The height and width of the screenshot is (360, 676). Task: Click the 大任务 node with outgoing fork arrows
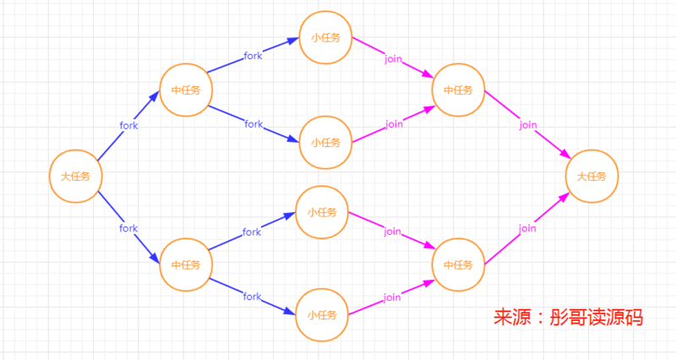pos(75,177)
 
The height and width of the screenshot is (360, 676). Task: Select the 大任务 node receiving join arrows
pos(591,177)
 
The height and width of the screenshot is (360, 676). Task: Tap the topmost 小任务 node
pos(325,38)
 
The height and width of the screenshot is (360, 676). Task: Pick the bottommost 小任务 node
pos(322,314)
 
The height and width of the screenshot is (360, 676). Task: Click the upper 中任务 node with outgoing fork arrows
pos(185,90)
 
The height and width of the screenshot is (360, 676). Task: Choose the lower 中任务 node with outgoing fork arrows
pos(185,265)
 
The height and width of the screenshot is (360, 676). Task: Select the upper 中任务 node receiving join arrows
pos(458,90)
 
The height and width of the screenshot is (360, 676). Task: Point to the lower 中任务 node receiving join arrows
pos(458,265)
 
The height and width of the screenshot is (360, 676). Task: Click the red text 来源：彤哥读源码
pos(568,318)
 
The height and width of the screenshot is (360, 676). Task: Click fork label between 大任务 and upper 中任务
pos(128,125)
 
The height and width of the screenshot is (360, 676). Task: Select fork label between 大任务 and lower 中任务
pos(128,228)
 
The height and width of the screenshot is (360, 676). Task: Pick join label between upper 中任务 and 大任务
pos(528,125)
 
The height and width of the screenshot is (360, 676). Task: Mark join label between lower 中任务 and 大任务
pos(528,228)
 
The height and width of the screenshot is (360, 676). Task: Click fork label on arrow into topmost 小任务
pos(253,56)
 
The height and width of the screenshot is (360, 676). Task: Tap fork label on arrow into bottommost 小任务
pos(252,297)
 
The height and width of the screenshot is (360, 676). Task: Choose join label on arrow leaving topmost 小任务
pos(393,59)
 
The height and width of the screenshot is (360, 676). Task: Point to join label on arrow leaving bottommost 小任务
pos(391,297)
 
